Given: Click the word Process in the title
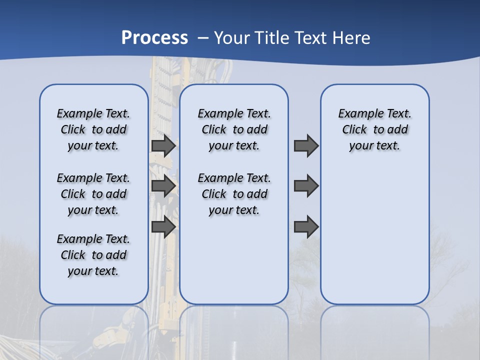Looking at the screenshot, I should point(154,37).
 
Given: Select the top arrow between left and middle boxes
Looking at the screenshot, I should point(163,145).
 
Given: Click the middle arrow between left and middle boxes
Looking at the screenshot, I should point(163,186).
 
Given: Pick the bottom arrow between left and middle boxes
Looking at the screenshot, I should point(163,226).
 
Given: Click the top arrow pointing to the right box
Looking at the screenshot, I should point(306,145).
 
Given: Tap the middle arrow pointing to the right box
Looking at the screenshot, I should point(306,186).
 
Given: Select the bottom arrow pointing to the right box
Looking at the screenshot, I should point(306,226).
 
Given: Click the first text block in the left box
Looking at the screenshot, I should point(93,129).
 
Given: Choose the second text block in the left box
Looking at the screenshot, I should point(93,194).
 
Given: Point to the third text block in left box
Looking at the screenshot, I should point(93,255).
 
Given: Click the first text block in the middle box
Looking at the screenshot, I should point(234,129).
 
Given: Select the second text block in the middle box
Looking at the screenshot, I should point(234,194).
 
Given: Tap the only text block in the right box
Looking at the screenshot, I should point(374,129).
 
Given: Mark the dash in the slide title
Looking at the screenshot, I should point(202,38).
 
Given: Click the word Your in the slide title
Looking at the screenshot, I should point(232,37).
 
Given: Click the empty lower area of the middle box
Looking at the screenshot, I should point(234,260).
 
